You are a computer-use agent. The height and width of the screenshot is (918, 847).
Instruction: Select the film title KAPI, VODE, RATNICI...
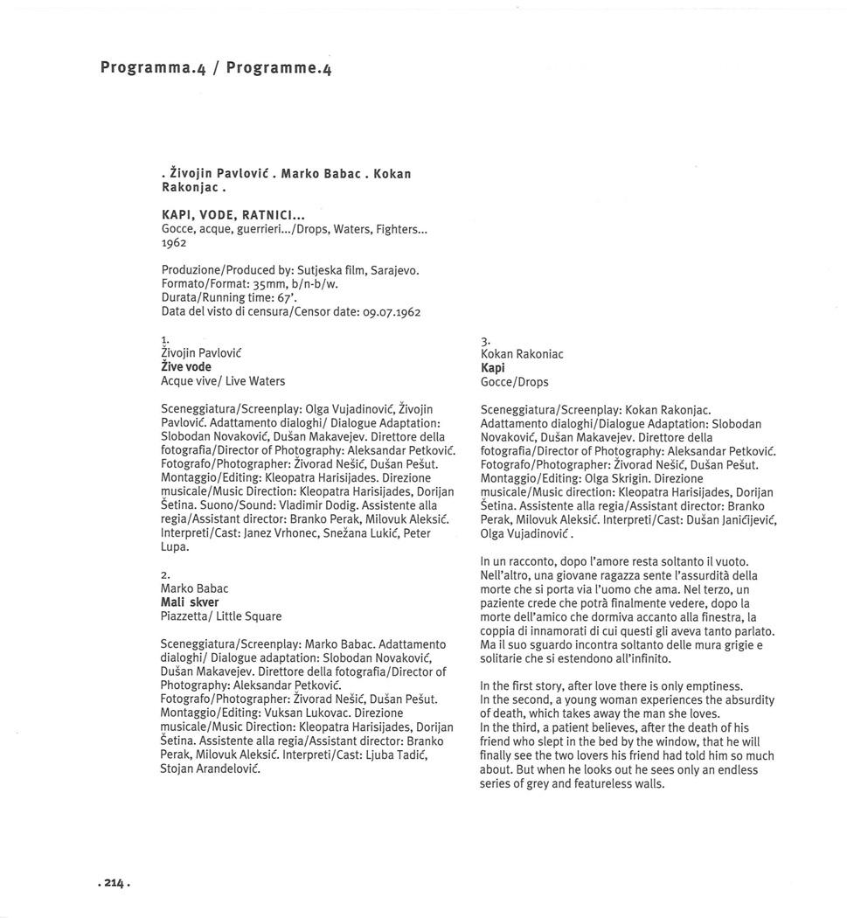(219, 214)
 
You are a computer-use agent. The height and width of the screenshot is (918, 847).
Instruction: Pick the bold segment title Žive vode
(186, 367)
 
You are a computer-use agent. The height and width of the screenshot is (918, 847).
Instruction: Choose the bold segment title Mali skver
(190, 602)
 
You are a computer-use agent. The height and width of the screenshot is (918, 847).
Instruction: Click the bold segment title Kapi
(493, 368)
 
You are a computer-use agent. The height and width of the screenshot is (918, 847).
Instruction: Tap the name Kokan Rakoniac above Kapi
(522, 354)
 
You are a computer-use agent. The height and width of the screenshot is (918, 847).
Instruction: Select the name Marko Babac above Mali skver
(194, 588)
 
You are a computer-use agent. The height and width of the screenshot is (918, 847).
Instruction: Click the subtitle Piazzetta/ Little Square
(221, 616)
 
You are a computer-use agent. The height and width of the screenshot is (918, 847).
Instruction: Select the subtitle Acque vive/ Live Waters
(223, 381)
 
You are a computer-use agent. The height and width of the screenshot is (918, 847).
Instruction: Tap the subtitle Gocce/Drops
(515, 382)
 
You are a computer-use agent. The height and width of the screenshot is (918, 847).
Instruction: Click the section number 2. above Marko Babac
(165, 574)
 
